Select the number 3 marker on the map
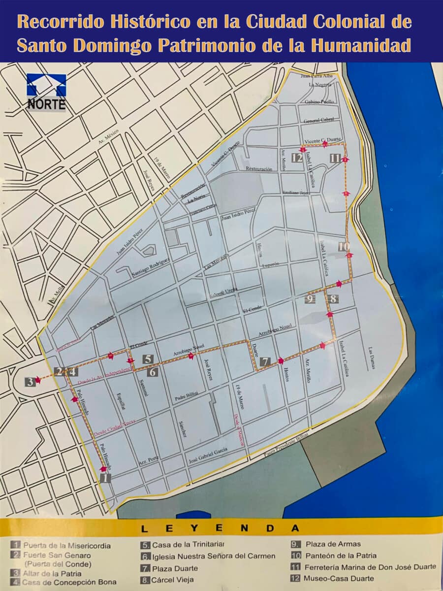[x=30, y=381]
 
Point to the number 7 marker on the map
[x=264, y=362]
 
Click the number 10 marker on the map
[x=344, y=247]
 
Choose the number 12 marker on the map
[x=296, y=158]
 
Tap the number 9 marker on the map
[x=310, y=298]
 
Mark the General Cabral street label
[x=319, y=121]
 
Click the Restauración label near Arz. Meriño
[x=259, y=169]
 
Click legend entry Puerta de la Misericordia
[x=67, y=546]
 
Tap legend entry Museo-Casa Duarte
[x=339, y=578]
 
